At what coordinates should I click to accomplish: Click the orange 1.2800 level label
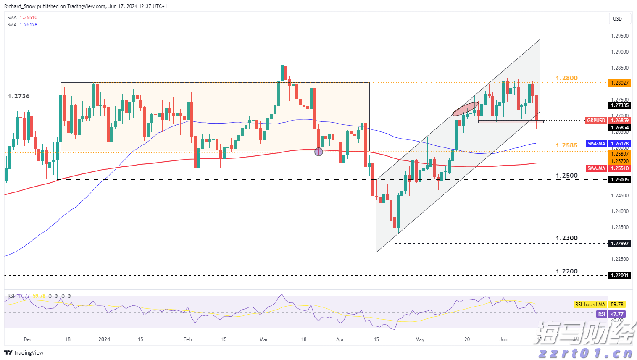[x=566, y=78]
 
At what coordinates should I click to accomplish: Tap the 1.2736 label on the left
[x=19, y=96]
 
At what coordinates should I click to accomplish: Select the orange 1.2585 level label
[x=566, y=145]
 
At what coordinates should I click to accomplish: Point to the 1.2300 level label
[x=566, y=238]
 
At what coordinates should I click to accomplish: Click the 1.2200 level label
[x=566, y=271]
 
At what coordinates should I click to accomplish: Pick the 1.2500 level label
[x=566, y=176]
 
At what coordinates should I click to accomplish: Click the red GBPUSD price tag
[x=596, y=121]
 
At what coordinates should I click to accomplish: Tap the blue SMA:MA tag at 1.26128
[x=596, y=144]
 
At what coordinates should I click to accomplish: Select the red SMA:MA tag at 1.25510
[x=596, y=168]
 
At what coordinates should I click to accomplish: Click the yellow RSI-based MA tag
[x=590, y=305]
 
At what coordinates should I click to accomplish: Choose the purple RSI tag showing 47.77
[x=602, y=314]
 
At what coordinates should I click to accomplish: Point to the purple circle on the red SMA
[x=318, y=152]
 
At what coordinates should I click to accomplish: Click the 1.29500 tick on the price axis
[x=620, y=36]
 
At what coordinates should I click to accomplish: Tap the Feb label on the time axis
[x=187, y=339]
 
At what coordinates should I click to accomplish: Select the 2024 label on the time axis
[x=104, y=339]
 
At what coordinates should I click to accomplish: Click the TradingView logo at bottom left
[x=24, y=352]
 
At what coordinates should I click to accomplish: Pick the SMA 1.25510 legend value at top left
[x=28, y=18]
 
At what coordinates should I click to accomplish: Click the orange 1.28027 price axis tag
[x=620, y=83]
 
